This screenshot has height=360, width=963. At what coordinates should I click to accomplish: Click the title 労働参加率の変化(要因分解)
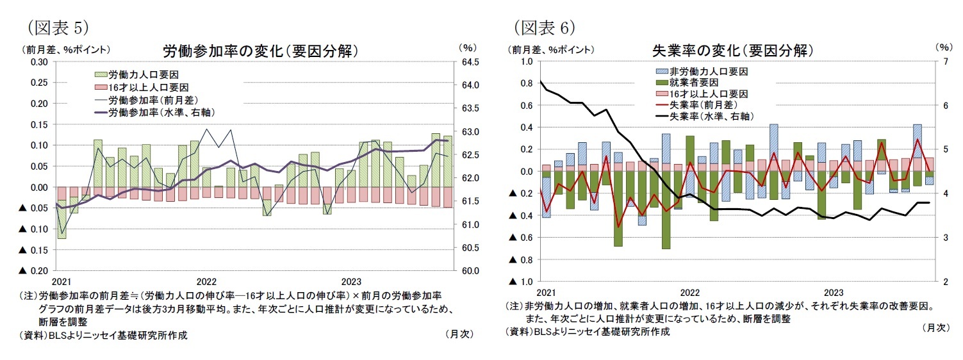point(259,51)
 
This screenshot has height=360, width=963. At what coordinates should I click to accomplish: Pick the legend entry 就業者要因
point(693,83)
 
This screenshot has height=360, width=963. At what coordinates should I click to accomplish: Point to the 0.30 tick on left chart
point(39,61)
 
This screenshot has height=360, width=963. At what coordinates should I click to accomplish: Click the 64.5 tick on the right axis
point(471,61)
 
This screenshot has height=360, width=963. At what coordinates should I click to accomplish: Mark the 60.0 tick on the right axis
point(471,271)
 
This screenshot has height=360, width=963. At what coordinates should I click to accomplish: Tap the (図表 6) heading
point(545,27)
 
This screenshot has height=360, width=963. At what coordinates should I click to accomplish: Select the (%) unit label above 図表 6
point(942,47)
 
